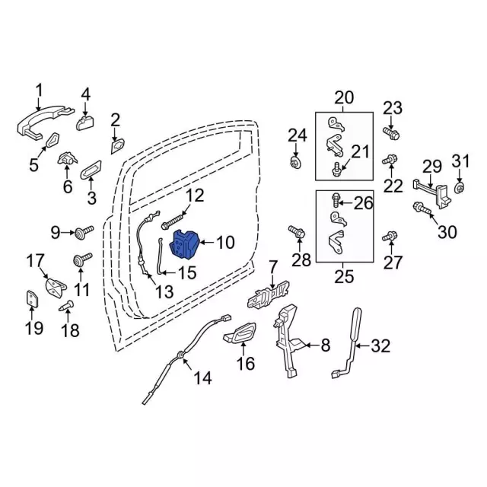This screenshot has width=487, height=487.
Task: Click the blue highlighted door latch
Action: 185,245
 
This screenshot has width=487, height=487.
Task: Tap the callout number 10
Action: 226,243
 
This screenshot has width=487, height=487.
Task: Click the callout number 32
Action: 380,347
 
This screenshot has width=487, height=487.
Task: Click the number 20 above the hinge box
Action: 344,97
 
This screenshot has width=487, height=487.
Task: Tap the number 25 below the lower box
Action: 344,275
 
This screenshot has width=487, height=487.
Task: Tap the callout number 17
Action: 37,262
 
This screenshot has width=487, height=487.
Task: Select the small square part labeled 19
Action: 32,298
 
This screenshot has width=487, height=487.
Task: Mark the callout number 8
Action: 325,346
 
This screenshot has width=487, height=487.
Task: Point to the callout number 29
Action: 432,167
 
